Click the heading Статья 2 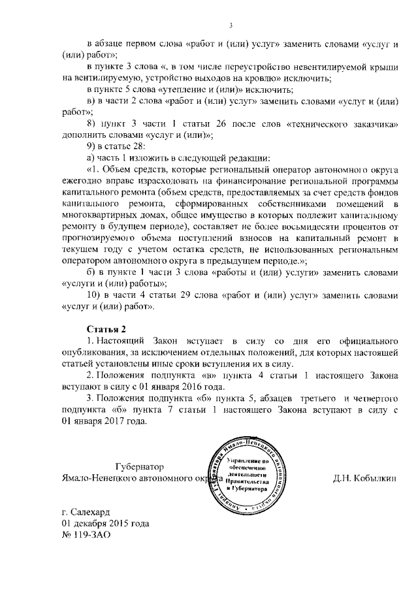click(x=106, y=328)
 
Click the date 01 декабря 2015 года click(x=105, y=524)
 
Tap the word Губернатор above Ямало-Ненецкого click(x=139, y=467)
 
